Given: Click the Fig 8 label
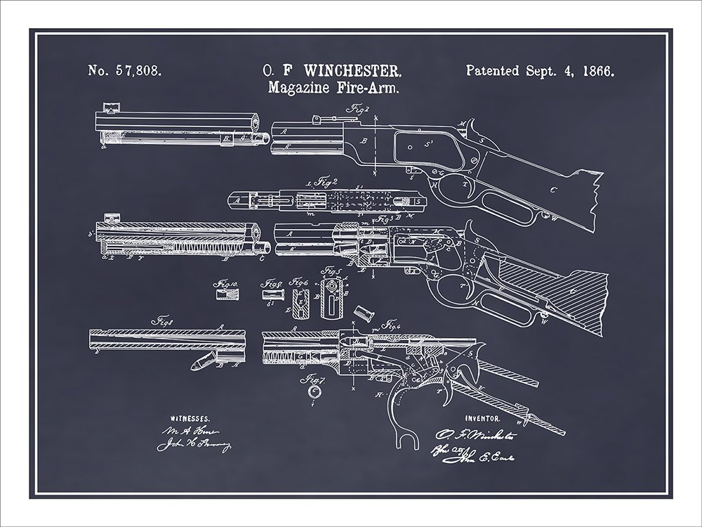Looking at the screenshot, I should pos(164,320).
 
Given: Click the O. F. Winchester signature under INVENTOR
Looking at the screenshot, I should pos(477,436).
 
